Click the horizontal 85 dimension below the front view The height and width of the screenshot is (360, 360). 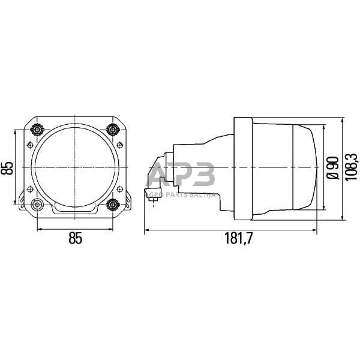(74, 239)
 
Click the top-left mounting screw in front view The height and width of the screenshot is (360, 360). (37, 129)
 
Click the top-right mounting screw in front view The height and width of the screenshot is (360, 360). (112, 129)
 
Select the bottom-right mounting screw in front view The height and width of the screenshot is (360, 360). (112, 204)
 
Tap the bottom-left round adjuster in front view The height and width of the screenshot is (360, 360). (37, 204)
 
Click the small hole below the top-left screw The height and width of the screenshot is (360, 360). (28, 144)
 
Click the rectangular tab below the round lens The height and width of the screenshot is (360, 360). (74, 209)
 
